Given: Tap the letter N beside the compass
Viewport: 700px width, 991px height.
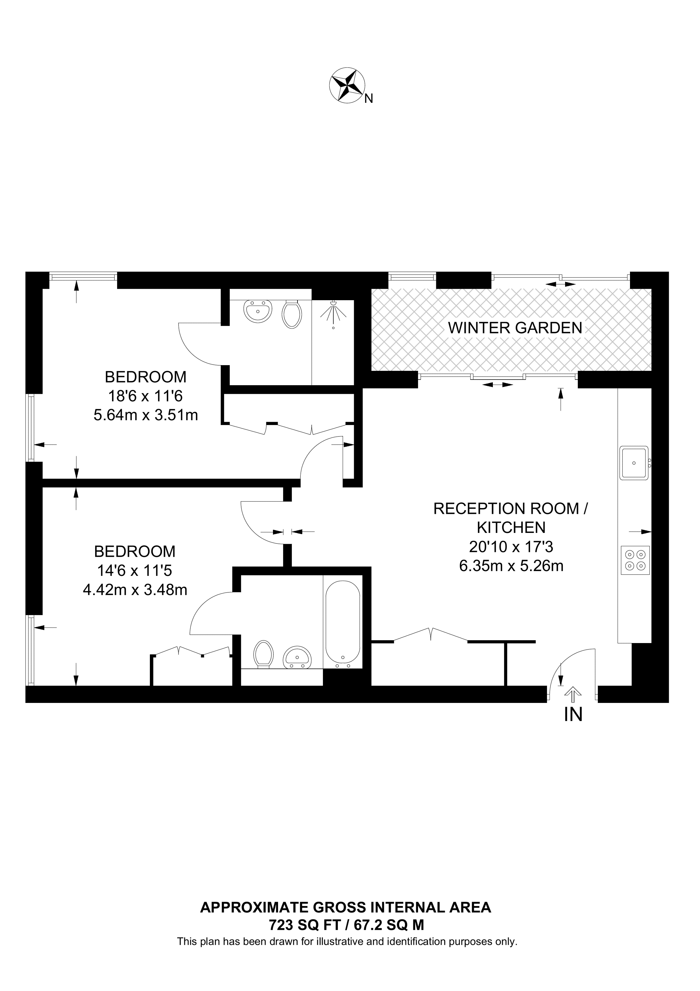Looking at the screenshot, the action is (x=368, y=99).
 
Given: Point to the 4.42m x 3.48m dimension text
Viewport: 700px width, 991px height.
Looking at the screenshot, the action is (x=135, y=590).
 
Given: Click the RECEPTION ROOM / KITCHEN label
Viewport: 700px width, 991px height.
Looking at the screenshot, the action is (x=511, y=518).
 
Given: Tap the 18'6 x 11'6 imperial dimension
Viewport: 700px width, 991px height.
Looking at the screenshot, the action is (x=146, y=396).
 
